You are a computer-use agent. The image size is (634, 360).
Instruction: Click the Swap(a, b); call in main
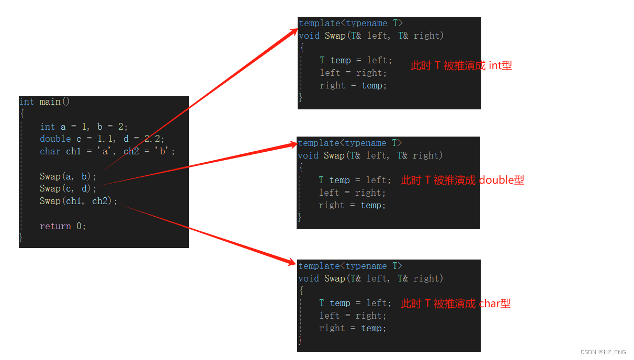pos(68,176)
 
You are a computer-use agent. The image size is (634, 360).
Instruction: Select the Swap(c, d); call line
pos(68,188)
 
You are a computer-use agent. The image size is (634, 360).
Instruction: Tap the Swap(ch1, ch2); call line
pos(78,201)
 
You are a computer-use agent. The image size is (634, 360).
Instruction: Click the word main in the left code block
pos(50,102)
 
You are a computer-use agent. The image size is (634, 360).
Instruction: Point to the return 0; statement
pos(63,226)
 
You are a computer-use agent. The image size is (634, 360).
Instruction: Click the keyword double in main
pos(55,139)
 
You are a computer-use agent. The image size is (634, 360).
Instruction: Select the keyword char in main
pos(50,151)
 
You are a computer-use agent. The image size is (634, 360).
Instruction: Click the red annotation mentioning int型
pos(461,65)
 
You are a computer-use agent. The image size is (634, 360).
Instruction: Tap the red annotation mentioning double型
pos(462,180)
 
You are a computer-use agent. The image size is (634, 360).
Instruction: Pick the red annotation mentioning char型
pos(456,303)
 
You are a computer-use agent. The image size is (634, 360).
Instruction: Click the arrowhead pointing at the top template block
pos(293,31)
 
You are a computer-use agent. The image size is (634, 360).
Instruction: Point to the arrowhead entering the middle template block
pos(290,144)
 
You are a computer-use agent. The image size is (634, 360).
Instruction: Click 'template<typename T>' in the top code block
pos(350,23)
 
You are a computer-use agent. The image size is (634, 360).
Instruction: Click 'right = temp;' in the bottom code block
pos(353,328)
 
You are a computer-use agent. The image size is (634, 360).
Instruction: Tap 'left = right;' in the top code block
pos(353,73)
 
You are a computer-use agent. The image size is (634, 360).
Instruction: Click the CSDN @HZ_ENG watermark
pos(603,353)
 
